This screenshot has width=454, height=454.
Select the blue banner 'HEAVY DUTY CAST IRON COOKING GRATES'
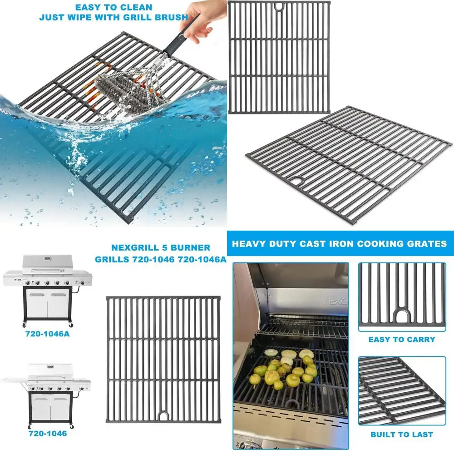click(340, 244)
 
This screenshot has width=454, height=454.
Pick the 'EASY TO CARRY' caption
click(401, 339)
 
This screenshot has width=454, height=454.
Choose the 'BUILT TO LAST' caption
click(401, 434)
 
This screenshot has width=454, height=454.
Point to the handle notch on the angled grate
click(299, 181)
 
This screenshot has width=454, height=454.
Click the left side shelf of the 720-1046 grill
click(14, 379)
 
